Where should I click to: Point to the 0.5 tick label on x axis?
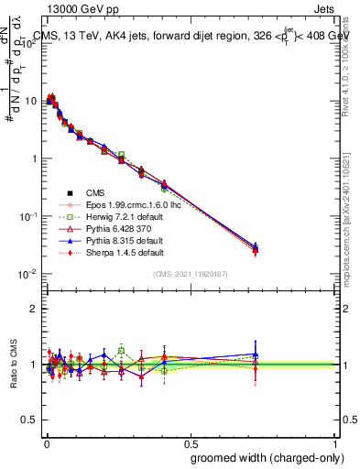(189, 440)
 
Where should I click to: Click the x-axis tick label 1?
(334, 440)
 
